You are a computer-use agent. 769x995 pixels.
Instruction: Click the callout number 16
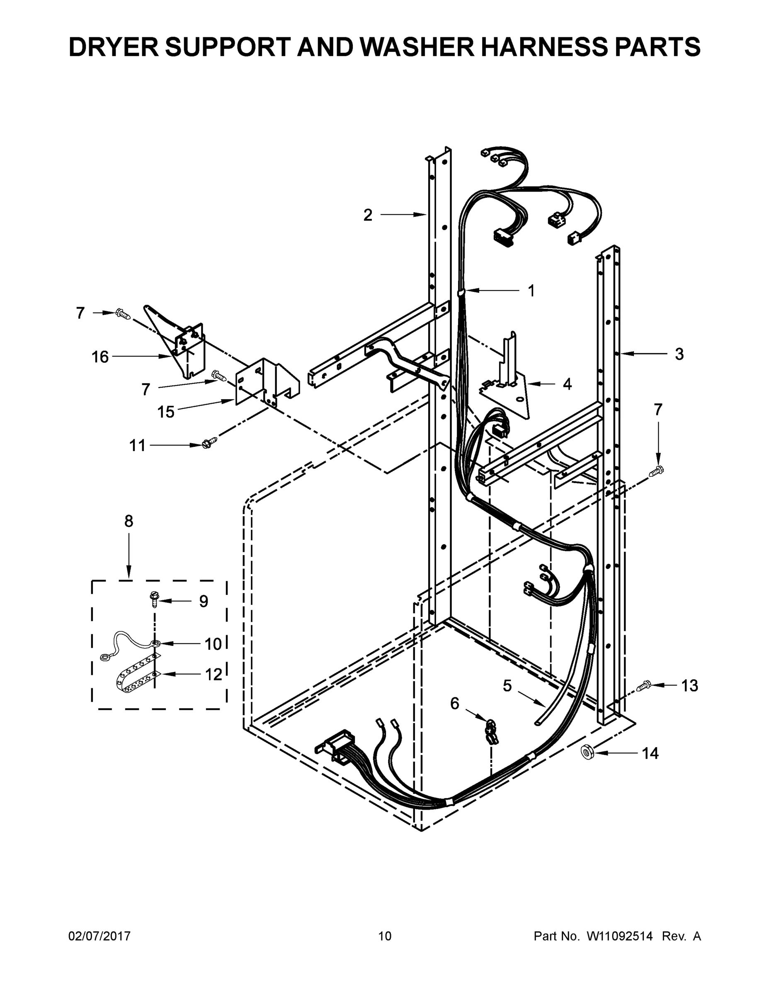point(100,357)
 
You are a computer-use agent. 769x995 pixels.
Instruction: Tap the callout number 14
point(650,754)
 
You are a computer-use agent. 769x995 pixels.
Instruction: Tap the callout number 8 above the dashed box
point(129,521)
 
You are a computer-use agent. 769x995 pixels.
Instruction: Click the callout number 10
point(213,644)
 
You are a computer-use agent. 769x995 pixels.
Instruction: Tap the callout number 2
point(368,215)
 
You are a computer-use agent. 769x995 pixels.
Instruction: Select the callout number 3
point(679,354)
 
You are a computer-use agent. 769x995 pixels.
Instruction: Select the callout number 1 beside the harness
point(531,291)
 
